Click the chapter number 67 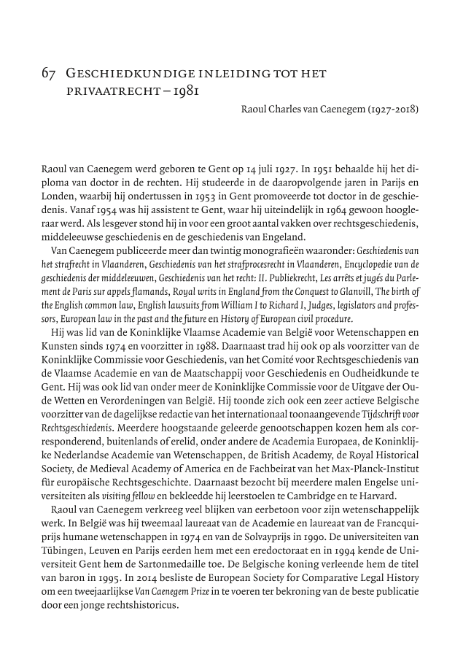click(x=50, y=74)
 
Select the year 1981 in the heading click(x=182, y=92)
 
